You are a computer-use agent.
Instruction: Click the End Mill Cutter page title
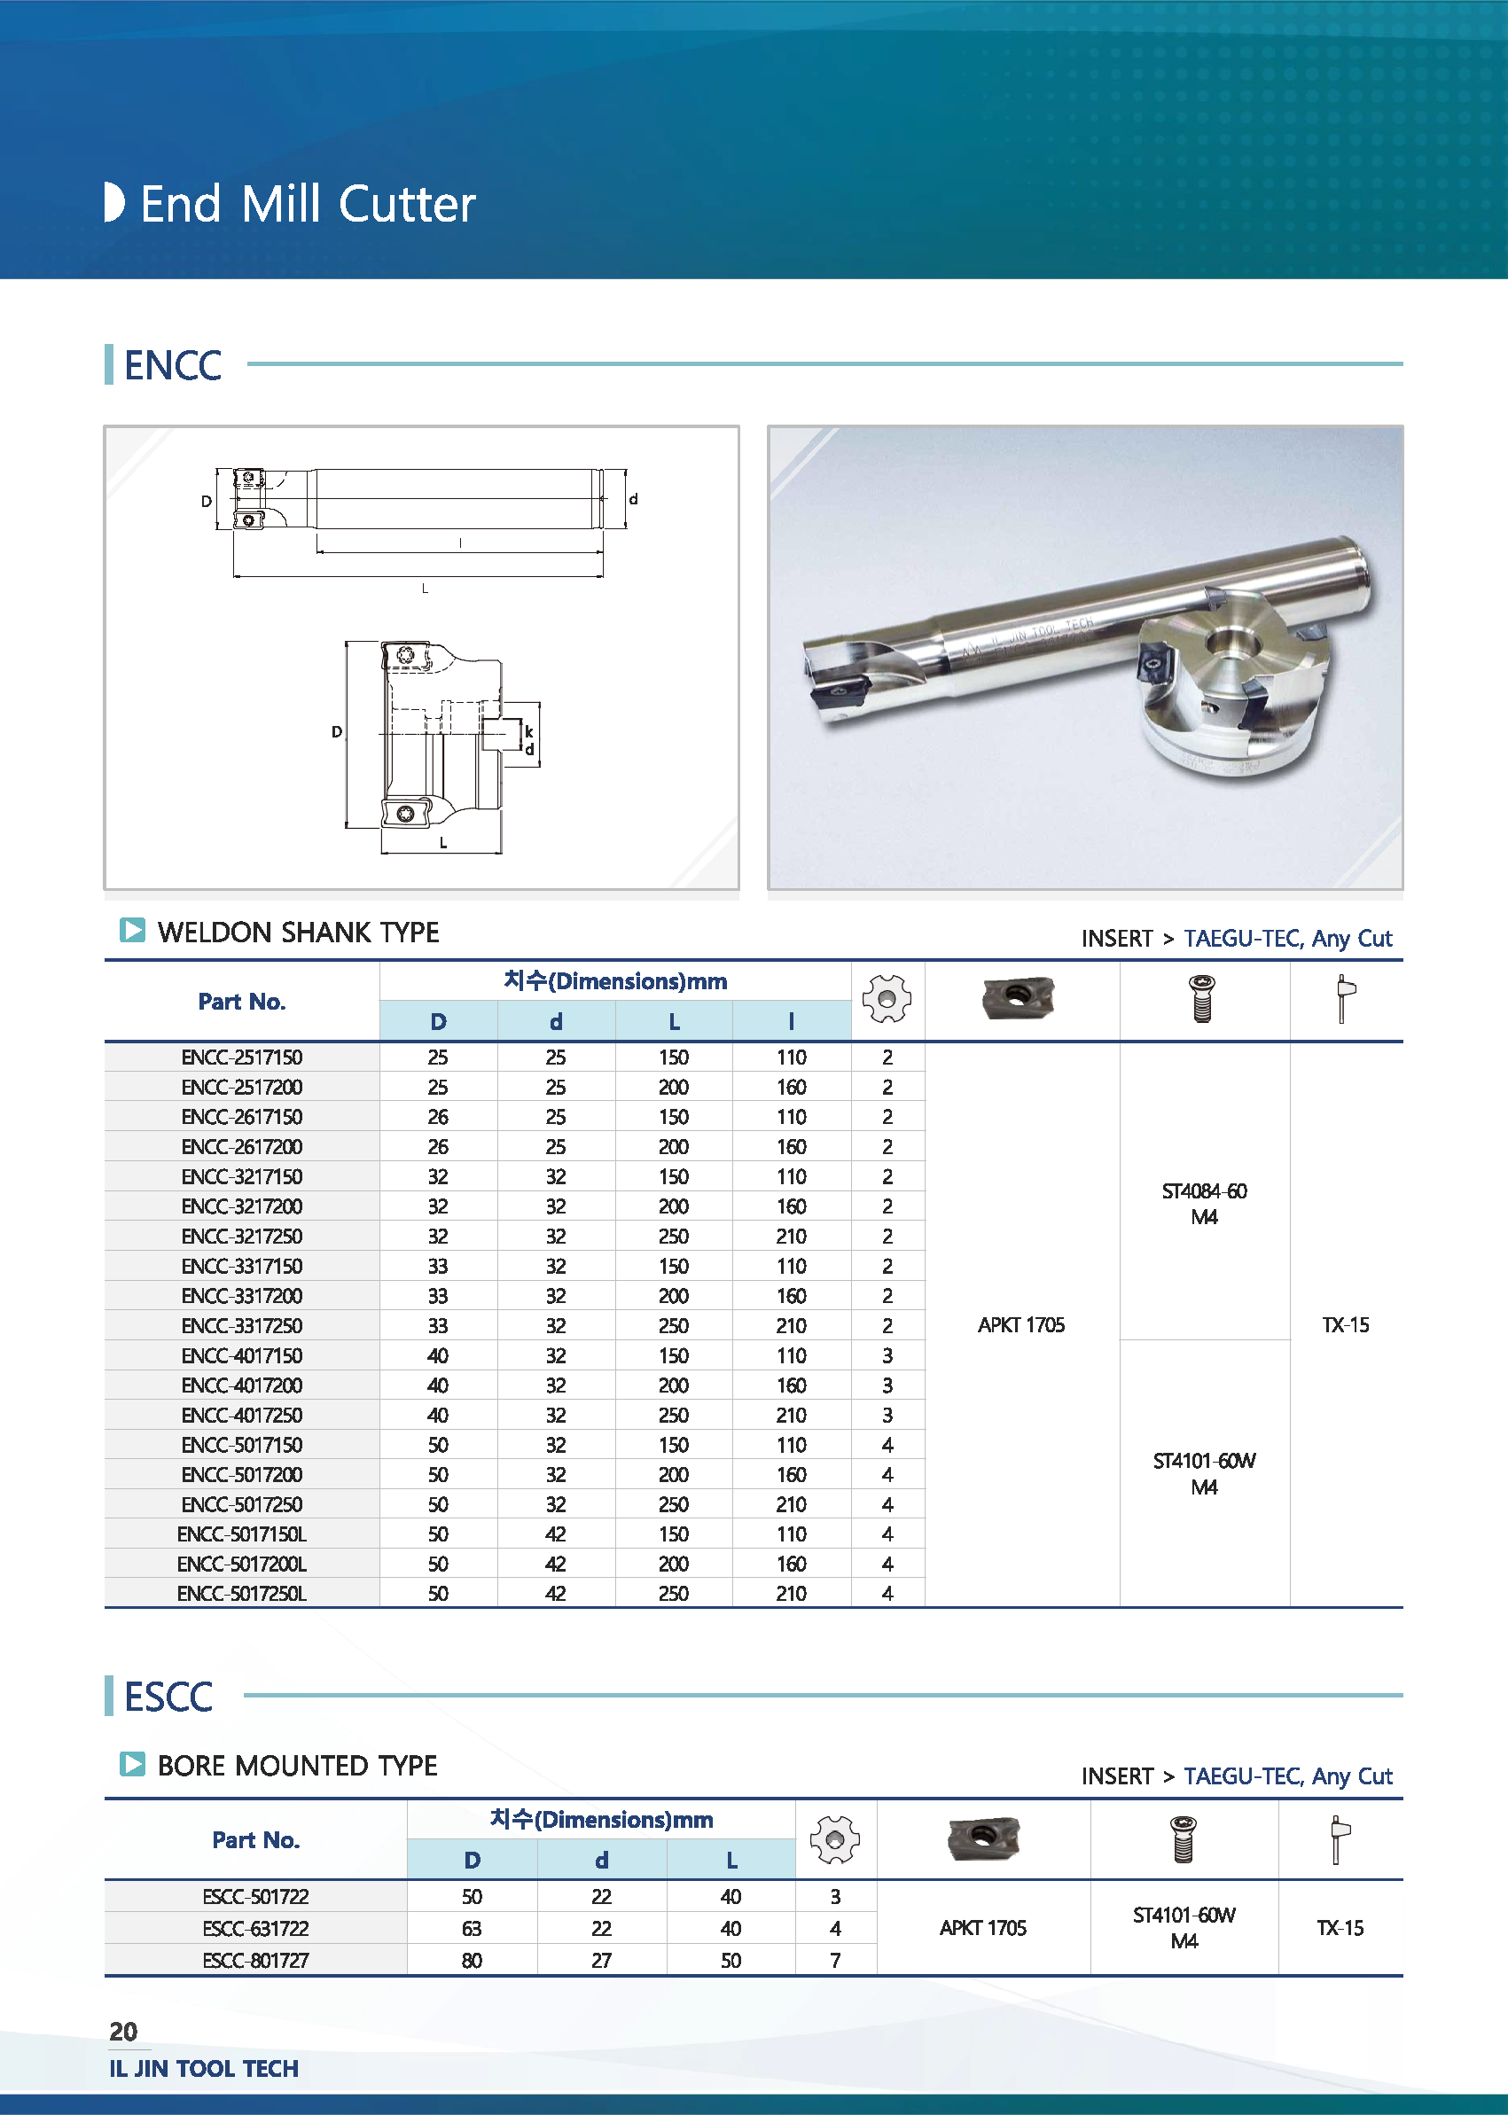tap(308, 204)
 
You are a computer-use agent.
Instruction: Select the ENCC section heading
tap(173, 365)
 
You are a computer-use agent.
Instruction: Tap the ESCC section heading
tap(168, 1697)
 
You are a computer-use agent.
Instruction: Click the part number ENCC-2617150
tap(241, 1117)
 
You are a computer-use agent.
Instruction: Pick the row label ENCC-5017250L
tap(241, 1593)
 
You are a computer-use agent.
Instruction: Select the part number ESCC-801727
tap(255, 1960)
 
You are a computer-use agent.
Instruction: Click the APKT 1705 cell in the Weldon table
tap(1020, 1325)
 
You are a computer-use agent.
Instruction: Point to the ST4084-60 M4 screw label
tap(1203, 1203)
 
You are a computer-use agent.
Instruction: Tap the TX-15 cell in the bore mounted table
tap(1339, 1928)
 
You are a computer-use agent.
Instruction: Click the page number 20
tap(123, 2032)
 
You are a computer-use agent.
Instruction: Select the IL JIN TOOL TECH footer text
tap(203, 2069)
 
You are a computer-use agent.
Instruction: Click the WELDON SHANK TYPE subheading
tap(298, 933)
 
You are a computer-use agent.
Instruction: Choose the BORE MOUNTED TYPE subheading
tap(297, 1765)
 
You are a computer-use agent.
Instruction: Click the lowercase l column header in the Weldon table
tap(791, 1021)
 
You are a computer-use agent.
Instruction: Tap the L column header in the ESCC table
tap(731, 1861)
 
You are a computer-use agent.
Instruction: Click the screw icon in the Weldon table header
tap(1202, 999)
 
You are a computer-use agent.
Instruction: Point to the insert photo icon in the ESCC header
tap(982, 1838)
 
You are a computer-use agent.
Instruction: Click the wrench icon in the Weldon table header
tap(1345, 999)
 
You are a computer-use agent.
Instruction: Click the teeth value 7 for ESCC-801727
tap(835, 1960)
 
